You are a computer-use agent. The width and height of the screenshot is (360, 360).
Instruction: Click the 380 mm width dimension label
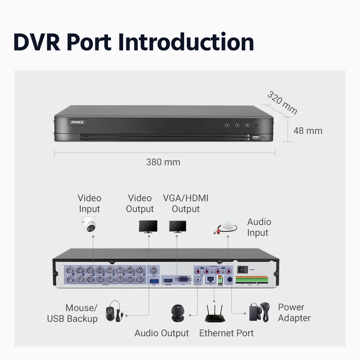pyautogui.click(x=163, y=162)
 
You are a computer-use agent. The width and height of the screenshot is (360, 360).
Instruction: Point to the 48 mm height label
pyautogui.click(x=308, y=131)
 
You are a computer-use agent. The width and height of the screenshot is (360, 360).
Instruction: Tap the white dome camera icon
pyautogui.click(x=89, y=224)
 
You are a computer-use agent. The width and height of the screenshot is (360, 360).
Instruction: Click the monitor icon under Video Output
pyautogui.click(x=148, y=226)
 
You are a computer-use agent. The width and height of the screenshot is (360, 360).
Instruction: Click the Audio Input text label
pyautogui.click(x=259, y=227)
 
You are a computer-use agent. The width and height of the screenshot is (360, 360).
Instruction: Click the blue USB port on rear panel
pyautogui.click(x=153, y=280)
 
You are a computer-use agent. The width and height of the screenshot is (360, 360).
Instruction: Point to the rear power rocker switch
pyautogui.click(x=242, y=269)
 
